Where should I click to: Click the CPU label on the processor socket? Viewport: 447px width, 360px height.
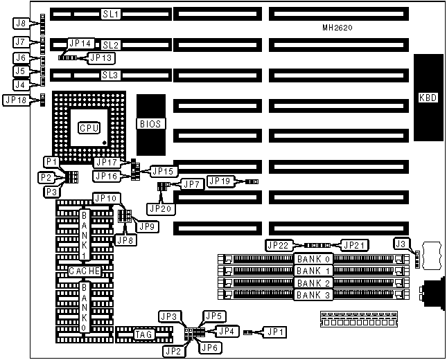(89, 127)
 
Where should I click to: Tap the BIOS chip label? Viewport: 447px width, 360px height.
(150, 124)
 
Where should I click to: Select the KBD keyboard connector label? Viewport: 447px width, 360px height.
(428, 97)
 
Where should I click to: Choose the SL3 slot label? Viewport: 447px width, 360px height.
(110, 75)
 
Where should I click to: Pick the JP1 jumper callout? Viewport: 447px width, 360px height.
(275, 332)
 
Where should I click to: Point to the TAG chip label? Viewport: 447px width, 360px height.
(143, 335)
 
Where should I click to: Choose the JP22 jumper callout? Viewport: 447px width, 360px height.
(277, 245)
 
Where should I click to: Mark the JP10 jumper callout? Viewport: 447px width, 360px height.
(106, 199)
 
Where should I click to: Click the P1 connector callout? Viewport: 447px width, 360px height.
(50, 161)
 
